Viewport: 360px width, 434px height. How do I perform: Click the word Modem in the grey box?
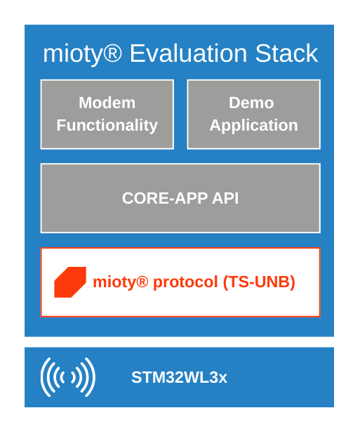(107, 103)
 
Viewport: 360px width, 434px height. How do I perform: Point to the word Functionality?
(107, 126)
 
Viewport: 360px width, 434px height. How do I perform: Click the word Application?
(253, 126)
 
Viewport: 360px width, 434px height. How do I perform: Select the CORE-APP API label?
(180, 198)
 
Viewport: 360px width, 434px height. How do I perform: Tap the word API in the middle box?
(225, 198)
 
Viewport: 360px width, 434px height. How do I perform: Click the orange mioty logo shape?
(70, 282)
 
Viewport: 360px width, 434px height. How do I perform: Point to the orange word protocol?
(186, 282)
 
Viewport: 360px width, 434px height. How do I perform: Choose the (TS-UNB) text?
(259, 282)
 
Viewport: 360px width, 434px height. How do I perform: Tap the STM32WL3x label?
(179, 378)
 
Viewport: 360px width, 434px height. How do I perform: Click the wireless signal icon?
(67, 377)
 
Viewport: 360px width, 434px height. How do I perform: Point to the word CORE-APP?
(166, 198)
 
